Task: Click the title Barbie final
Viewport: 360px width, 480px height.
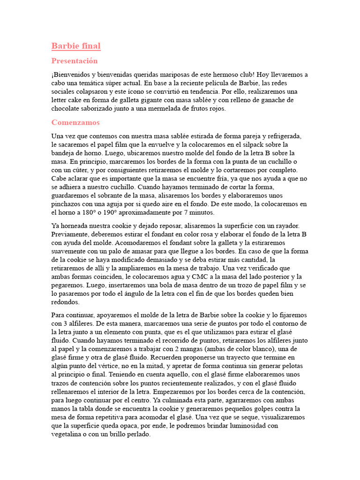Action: pyautogui.click(x=76, y=46)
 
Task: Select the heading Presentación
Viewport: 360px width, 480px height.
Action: pyautogui.click(x=75, y=61)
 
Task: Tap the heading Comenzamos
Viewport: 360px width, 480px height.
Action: pyautogui.click(x=75, y=122)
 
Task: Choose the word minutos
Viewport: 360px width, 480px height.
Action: pyautogui.click(x=201, y=212)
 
